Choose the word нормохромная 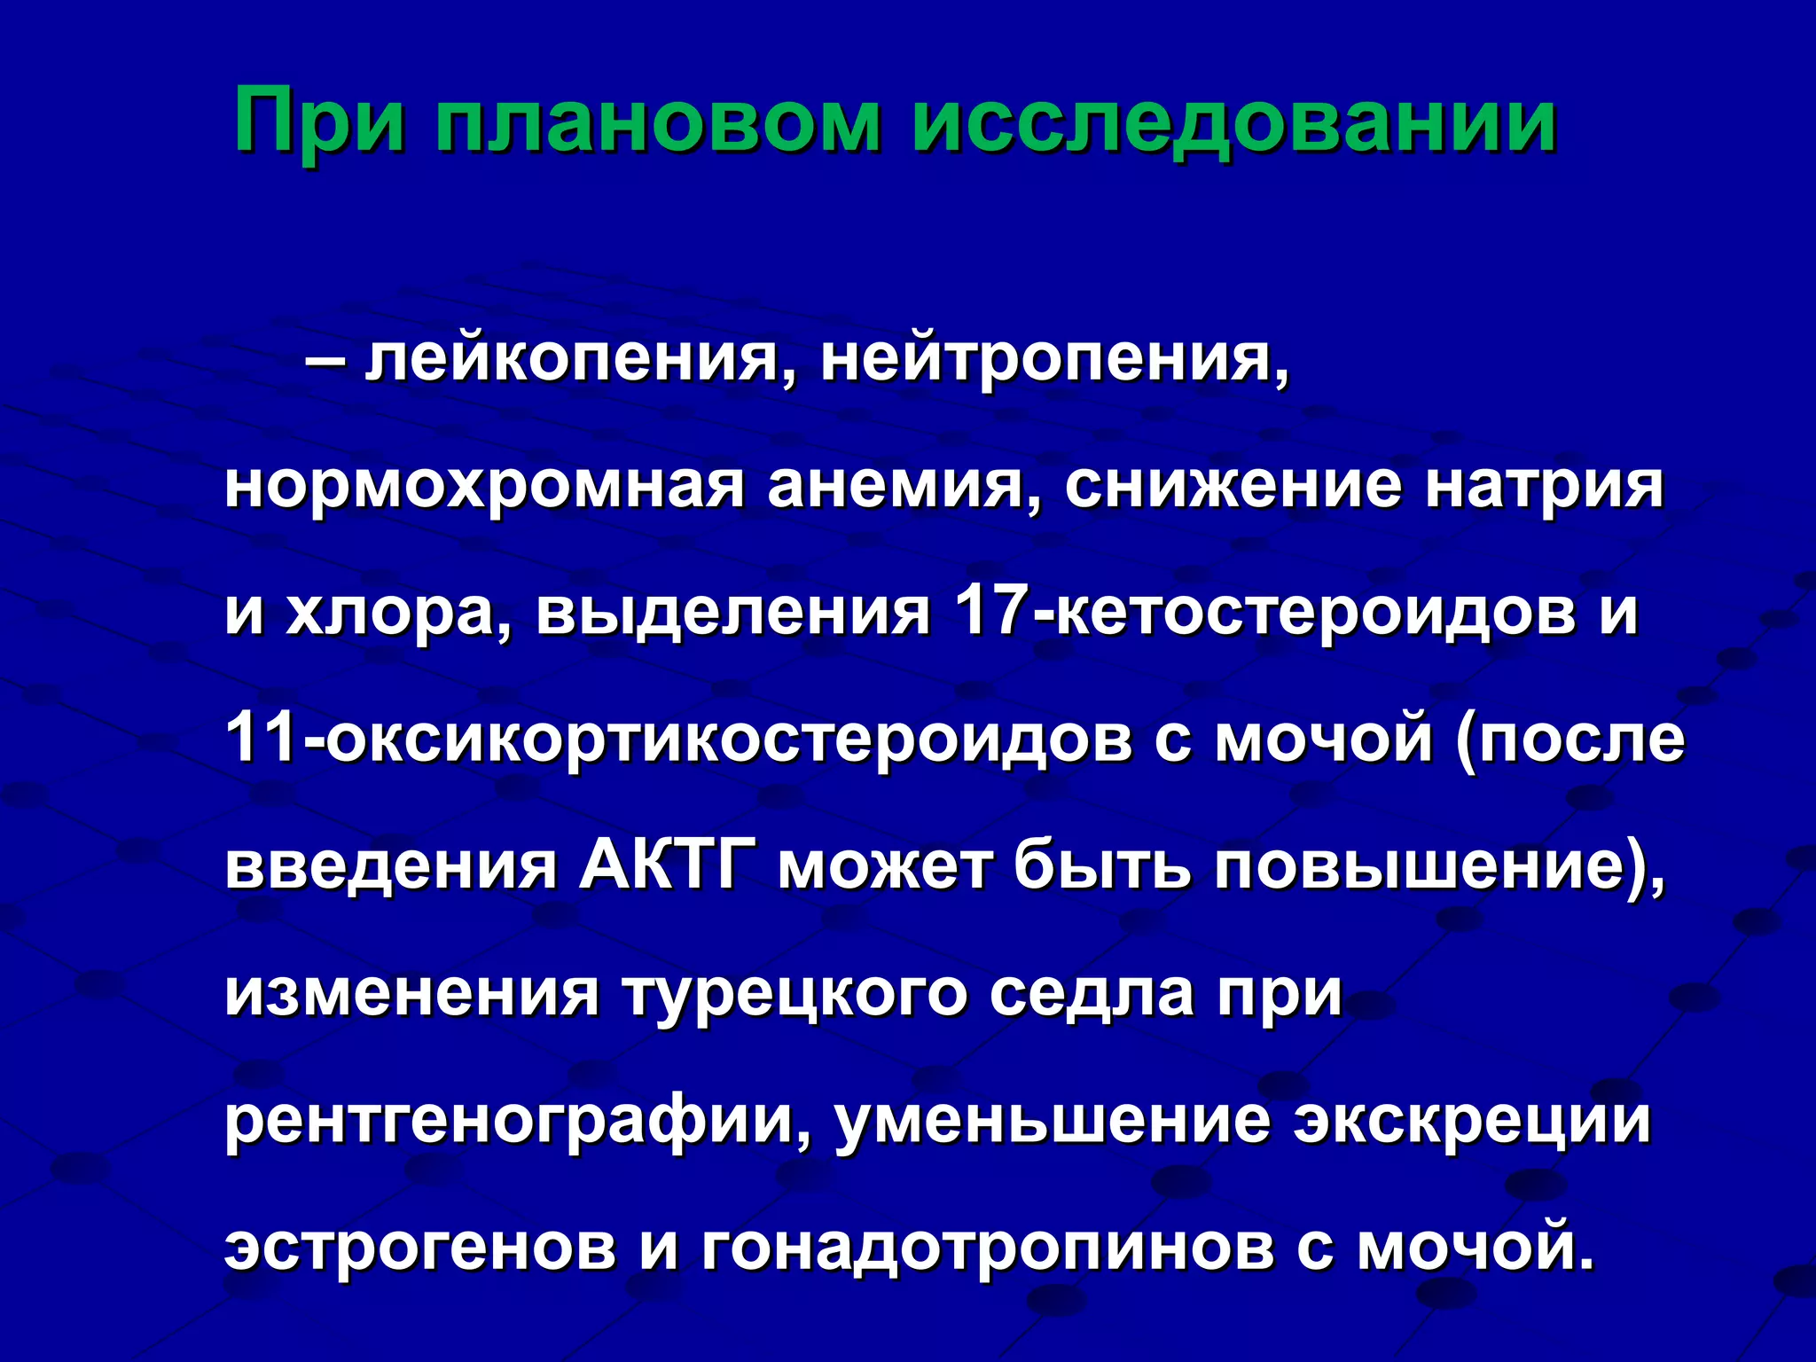point(484,487)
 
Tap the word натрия point(1544,487)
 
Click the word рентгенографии point(518,1120)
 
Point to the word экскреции point(1472,1120)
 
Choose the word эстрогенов point(420,1246)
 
